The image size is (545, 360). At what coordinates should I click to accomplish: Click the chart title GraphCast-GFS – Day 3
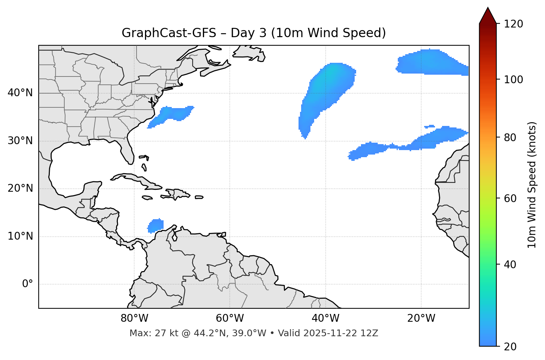click(254, 33)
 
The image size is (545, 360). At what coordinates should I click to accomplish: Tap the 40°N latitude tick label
click(20, 93)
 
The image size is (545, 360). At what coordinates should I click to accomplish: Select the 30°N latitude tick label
click(20, 141)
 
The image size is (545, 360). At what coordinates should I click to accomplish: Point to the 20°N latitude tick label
click(20, 188)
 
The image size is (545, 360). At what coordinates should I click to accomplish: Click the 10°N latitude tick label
click(20, 236)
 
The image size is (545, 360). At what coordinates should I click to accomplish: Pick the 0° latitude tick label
click(28, 284)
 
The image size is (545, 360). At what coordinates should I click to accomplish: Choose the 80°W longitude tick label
click(134, 318)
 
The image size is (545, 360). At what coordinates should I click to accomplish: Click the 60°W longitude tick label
click(230, 318)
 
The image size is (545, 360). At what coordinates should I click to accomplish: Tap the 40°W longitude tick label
click(325, 318)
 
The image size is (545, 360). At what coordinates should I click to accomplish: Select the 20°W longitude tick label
click(421, 318)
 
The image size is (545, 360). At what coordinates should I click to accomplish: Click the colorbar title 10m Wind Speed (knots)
click(532, 185)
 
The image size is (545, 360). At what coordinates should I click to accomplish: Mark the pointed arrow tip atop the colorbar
click(488, 8)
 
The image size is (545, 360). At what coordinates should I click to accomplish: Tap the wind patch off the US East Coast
click(172, 114)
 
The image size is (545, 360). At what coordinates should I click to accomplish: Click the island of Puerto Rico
click(199, 197)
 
